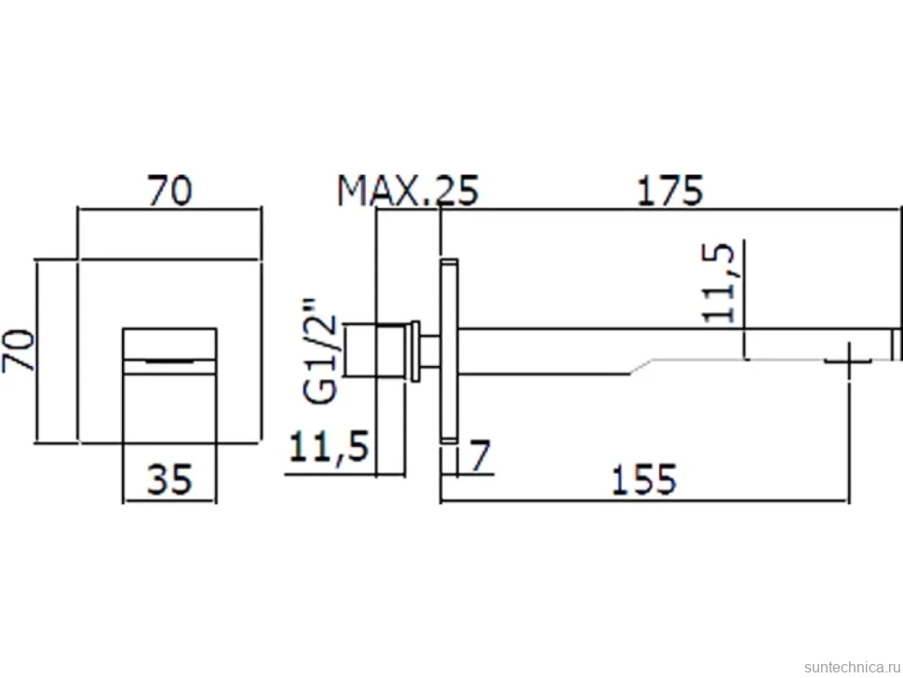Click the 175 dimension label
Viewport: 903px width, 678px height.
(x=669, y=190)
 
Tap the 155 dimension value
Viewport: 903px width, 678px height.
(x=643, y=480)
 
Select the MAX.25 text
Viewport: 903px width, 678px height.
(x=408, y=191)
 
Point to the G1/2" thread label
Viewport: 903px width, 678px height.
(x=319, y=350)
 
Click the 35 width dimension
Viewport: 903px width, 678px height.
(x=169, y=480)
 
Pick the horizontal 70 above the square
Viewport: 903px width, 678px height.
(x=169, y=191)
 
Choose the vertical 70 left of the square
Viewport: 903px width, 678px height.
(x=18, y=350)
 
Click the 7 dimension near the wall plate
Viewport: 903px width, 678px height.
(x=479, y=455)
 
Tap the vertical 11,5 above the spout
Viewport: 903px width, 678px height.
(x=719, y=282)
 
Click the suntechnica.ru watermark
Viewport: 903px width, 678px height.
(x=853, y=667)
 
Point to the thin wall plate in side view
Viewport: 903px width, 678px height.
(x=450, y=351)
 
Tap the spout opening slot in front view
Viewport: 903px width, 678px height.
(x=169, y=360)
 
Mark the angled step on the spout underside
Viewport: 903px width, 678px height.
(x=641, y=367)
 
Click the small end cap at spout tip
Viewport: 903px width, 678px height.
(x=896, y=345)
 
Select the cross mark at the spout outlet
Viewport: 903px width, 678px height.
(x=848, y=360)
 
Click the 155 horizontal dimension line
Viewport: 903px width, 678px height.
(x=644, y=501)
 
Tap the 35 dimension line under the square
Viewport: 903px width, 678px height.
(x=169, y=501)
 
